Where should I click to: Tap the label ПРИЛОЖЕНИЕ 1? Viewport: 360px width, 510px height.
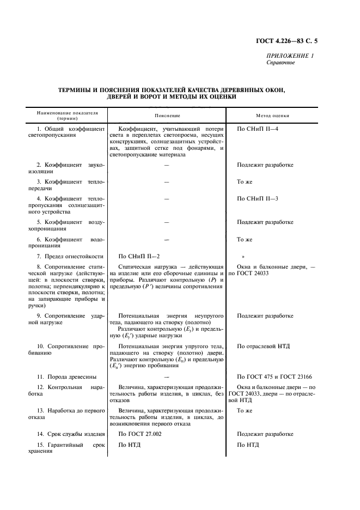point(290,56)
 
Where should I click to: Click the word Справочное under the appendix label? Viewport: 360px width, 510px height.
point(280,63)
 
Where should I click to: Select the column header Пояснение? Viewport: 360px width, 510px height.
point(167,116)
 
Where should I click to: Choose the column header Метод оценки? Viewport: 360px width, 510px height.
point(273,116)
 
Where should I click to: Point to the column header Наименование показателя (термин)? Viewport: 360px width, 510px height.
point(67,116)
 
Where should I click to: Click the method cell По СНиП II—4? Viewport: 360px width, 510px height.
point(258,129)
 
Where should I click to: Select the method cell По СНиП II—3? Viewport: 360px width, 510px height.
point(258,198)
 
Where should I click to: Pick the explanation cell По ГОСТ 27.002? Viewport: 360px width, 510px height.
point(140,434)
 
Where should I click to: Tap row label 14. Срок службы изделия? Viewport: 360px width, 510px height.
point(68,434)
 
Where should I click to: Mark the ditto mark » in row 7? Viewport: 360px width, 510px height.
point(243,256)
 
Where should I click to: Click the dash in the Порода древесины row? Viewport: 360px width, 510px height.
point(167,377)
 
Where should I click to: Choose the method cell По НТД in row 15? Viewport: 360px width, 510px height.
point(248,445)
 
